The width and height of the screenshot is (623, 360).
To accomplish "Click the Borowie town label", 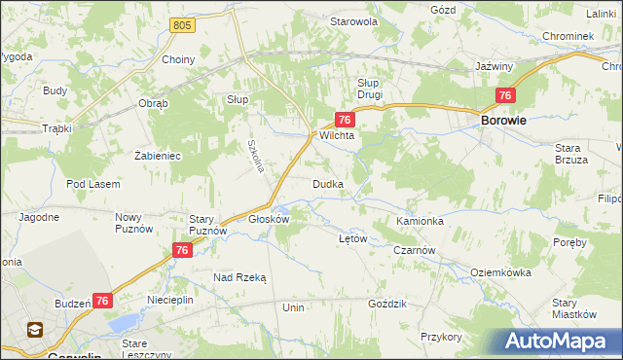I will pyautogui.click(x=504, y=121).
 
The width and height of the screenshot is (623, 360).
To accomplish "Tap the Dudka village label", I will pyautogui.click(x=326, y=184).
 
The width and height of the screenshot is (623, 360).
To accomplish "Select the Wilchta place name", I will pyautogui.click(x=336, y=136).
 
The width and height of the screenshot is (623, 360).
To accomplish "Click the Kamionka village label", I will pyautogui.click(x=420, y=221).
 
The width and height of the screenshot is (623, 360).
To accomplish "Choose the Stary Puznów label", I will pyautogui.click(x=207, y=225).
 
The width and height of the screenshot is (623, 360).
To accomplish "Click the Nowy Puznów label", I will pyautogui.click(x=135, y=223).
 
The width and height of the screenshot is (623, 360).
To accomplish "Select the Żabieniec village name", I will pyautogui.click(x=158, y=155).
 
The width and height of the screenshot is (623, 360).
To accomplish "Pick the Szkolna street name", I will pyautogui.click(x=255, y=152).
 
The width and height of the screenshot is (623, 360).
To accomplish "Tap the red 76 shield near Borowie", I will pyautogui.click(x=504, y=95).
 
